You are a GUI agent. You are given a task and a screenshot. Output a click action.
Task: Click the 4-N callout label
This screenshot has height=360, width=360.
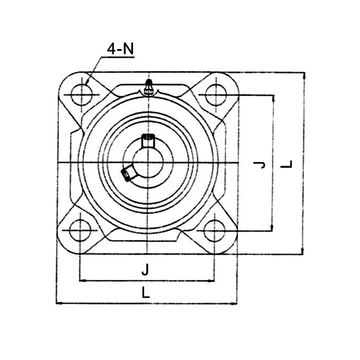tap(120, 49)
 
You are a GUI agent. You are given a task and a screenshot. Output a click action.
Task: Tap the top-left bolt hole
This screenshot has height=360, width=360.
tap(81, 95)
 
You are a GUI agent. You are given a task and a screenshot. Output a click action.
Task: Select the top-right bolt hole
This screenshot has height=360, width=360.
tap(216, 95)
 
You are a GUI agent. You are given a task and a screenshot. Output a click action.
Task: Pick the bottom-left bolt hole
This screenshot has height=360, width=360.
tap(80, 231)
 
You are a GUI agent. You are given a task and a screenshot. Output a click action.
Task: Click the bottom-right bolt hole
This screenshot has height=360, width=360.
tap(214, 231)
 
